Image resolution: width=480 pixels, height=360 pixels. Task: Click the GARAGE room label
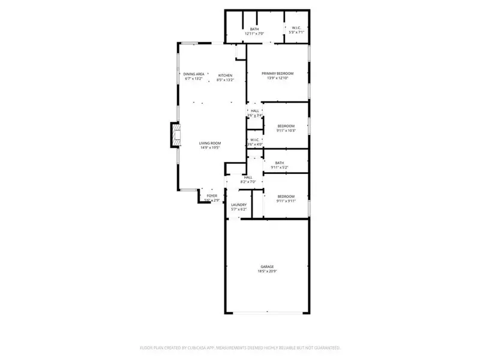point(267,266)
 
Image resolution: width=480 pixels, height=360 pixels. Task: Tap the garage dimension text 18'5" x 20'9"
point(267,271)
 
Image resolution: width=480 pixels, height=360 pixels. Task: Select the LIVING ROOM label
point(211,143)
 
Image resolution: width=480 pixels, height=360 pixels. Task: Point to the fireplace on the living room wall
point(175,135)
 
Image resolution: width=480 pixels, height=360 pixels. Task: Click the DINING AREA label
point(194,74)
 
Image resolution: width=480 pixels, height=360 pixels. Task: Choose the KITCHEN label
point(225,75)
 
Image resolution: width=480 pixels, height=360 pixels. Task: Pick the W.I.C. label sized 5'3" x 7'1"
point(296,28)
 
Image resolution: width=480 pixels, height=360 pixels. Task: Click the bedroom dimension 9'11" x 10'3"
point(286,130)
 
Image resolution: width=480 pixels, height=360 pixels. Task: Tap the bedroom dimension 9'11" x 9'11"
point(286,201)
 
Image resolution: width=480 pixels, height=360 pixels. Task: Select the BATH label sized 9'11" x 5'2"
point(280,163)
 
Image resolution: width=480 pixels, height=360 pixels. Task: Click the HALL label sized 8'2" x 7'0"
point(248,177)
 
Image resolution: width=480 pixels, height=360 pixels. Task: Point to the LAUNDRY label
point(239,205)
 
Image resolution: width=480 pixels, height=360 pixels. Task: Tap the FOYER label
point(212,196)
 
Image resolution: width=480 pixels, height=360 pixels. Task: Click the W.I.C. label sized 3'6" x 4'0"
point(254,140)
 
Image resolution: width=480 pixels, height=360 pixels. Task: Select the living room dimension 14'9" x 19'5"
point(211,148)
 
